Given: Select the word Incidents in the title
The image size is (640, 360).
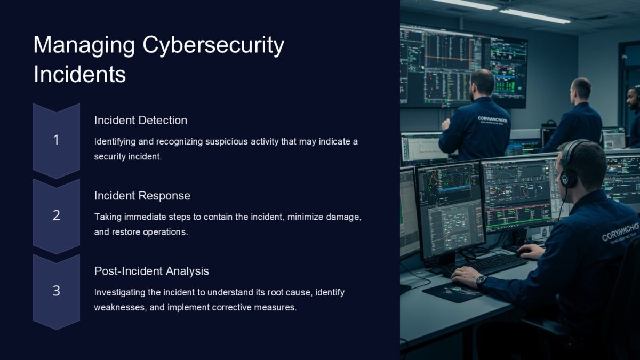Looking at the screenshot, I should [79, 74].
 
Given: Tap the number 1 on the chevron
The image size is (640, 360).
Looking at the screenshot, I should [56, 140].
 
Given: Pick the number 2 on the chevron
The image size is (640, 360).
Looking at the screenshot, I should [56, 215].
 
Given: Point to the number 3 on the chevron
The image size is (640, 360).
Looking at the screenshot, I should [56, 291].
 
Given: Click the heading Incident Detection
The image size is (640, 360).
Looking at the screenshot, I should [141, 121].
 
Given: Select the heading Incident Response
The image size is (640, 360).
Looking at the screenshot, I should [142, 196].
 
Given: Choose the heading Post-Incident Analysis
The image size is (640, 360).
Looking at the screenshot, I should [151, 271].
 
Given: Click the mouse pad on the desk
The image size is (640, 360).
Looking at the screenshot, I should [453, 291].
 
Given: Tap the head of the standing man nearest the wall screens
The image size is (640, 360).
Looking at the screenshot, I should [483, 83].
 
